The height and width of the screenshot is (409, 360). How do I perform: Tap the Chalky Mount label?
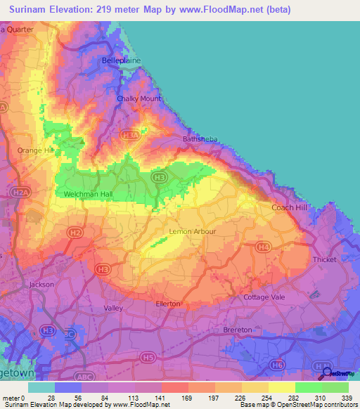click(x=138, y=99)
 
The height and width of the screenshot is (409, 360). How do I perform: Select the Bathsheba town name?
click(x=191, y=141)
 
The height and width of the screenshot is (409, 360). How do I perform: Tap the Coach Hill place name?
click(x=290, y=207)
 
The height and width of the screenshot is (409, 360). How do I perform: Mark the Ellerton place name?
click(x=168, y=304)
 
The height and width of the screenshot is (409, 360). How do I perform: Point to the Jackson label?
click(x=41, y=285)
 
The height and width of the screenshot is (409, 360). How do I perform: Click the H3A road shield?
click(x=129, y=135)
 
